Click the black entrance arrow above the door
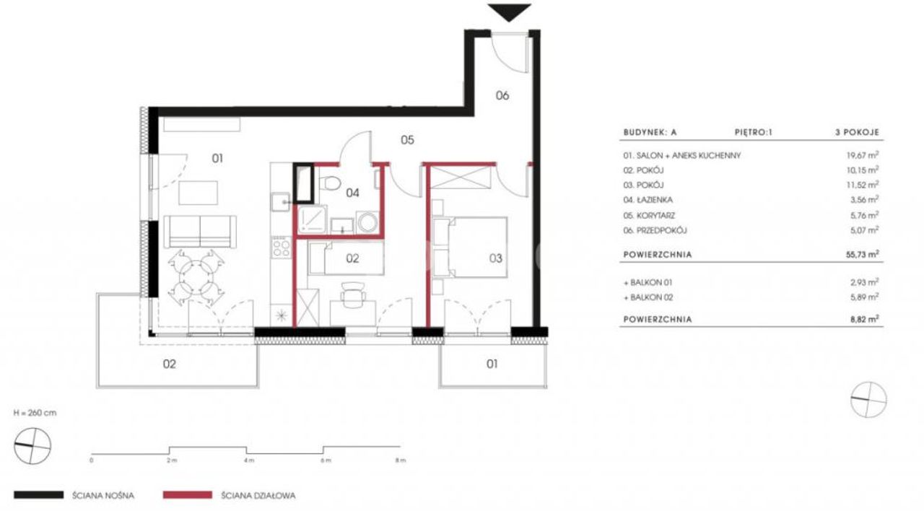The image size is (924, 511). click(509, 12)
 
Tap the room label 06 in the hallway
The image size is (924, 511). click(502, 96)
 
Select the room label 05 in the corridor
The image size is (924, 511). click(407, 140)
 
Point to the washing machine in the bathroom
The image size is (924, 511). click(367, 222)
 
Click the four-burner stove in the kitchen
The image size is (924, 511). click(282, 248)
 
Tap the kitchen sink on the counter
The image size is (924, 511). click(281, 202)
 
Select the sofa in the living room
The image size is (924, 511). click(200, 232)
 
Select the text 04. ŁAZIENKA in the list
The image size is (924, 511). click(648, 200)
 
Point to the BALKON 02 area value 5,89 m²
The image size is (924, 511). click(864, 297)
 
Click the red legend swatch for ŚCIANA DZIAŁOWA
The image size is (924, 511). click(188, 495)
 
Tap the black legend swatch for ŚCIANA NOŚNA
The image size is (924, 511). click(39, 495)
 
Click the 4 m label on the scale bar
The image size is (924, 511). click(249, 460)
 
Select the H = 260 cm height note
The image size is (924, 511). click(35, 413)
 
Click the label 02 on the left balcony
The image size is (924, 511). click(170, 364)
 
